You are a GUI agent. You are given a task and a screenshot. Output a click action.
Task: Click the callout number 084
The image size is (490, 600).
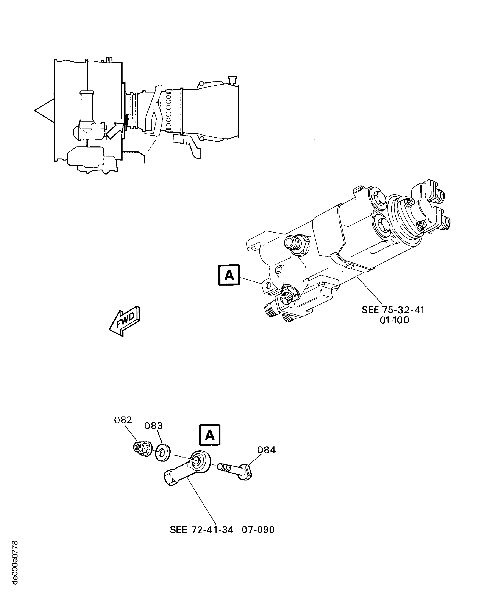click(266, 450)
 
